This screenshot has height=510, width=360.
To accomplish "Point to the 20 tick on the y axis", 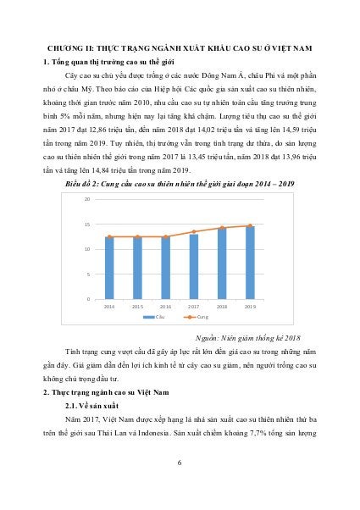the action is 88,176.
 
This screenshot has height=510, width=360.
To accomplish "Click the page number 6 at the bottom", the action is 180,462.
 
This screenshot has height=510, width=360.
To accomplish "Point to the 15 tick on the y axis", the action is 88,225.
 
